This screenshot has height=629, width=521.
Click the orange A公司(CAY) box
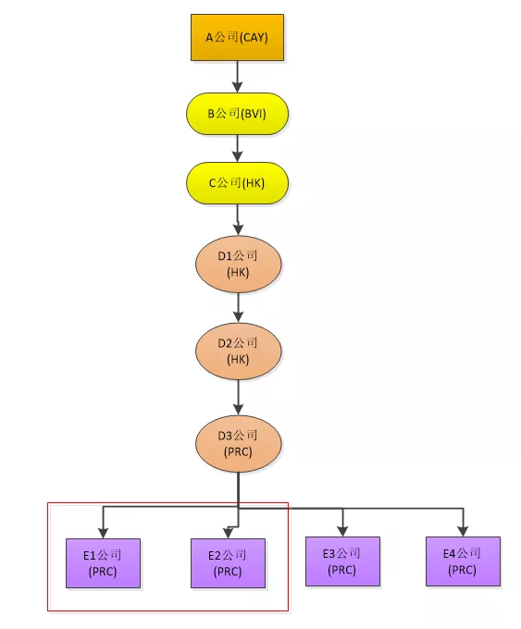237,37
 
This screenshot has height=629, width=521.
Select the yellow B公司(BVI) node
237,114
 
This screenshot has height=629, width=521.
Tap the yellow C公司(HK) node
237,183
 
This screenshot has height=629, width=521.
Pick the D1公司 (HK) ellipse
239,264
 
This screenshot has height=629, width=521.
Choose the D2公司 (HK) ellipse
239,351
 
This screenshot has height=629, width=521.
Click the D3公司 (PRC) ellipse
239,444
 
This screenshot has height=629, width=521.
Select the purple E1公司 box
103,563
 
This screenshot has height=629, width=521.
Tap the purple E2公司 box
228,563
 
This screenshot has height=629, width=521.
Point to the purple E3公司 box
342,561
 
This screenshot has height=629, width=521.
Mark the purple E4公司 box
464,561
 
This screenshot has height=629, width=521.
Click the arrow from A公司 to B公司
238,77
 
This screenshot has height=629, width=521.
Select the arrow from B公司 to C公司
238,148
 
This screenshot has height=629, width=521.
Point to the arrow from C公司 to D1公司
238,220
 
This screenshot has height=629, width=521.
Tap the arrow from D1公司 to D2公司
239,308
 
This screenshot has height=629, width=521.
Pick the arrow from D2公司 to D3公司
239,398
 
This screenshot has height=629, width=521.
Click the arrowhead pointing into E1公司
103,533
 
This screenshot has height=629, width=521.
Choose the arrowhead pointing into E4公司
464,531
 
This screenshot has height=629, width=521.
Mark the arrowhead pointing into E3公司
342,531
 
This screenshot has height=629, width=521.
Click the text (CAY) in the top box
254,38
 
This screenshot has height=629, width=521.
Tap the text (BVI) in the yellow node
254,114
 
